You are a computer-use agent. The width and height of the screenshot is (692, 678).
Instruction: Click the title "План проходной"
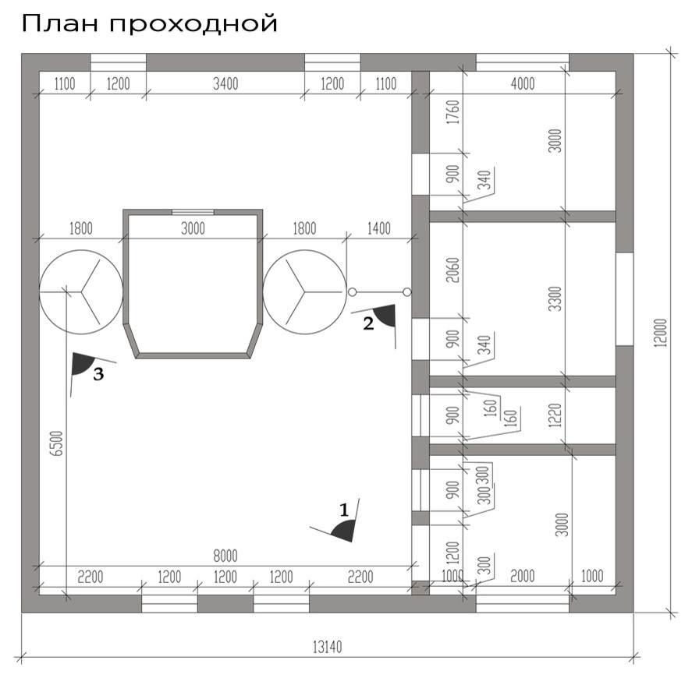point(149,23)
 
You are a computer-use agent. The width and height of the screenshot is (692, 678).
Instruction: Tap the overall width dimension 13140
point(328,646)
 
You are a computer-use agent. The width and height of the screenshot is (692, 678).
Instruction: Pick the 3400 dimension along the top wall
point(225,84)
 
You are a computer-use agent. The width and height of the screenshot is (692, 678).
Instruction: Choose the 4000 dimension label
point(522,84)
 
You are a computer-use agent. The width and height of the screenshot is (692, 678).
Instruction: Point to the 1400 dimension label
point(378,228)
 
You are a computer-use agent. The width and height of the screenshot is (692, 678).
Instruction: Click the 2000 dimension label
point(522,577)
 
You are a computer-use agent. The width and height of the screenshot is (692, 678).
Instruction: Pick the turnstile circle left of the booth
point(81,291)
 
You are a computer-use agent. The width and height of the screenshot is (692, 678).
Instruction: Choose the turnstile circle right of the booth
point(303,291)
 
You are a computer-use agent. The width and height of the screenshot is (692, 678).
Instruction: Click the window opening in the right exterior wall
point(624,299)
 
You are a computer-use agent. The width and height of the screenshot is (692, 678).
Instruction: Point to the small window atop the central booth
point(193,211)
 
